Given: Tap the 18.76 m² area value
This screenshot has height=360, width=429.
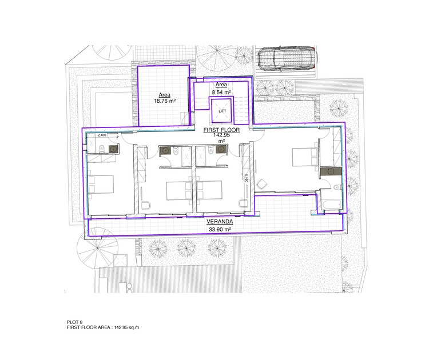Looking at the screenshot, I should tap(164, 101).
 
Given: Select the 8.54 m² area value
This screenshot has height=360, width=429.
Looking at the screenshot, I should tap(221, 91).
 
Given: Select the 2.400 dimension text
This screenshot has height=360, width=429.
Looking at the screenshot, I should tap(102, 135).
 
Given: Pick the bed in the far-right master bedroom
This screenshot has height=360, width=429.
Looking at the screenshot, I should tap(304, 155).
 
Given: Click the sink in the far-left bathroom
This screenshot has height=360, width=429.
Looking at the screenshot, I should tap(113, 149).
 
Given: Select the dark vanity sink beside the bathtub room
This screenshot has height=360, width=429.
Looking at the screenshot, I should tap(330, 171).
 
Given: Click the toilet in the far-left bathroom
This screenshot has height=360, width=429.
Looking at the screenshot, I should tap(101, 150).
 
